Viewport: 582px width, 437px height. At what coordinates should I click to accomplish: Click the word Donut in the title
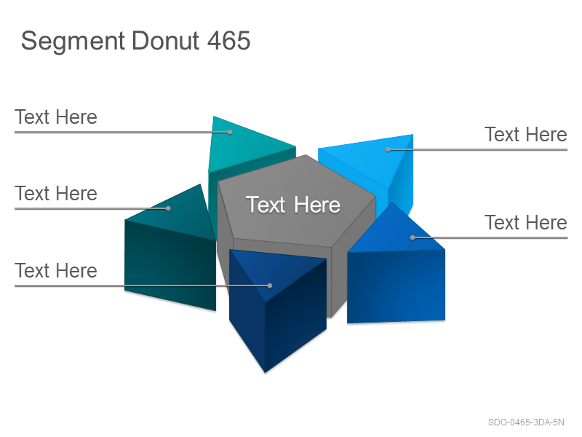click(x=166, y=40)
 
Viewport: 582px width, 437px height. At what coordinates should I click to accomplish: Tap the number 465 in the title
click(x=229, y=40)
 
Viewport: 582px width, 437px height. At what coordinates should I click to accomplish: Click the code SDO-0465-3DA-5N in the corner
click(x=526, y=422)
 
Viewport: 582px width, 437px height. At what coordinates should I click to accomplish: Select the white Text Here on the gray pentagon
click(x=293, y=205)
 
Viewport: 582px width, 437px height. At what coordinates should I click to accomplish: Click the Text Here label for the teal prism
click(x=56, y=117)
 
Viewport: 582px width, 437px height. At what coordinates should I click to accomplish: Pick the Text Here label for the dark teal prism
click(x=56, y=194)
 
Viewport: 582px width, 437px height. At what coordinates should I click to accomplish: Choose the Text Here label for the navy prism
click(x=56, y=270)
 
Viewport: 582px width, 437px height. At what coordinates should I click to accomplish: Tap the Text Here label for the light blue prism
click(x=526, y=135)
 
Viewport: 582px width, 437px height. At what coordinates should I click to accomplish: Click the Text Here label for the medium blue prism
click(x=526, y=223)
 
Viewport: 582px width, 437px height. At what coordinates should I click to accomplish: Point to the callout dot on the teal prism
click(x=230, y=132)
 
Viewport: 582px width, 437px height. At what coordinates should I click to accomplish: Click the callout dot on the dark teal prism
click(x=168, y=208)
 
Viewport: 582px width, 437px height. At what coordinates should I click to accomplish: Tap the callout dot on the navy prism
click(x=270, y=286)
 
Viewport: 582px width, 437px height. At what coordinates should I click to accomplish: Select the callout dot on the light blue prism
click(x=388, y=150)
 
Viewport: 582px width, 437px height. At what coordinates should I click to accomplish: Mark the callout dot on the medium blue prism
click(x=412, y=237)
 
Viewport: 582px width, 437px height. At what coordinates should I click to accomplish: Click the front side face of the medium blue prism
click(x=396, y=286)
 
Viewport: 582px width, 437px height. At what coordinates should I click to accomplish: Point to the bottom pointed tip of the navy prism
click(x=265, y=372)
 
